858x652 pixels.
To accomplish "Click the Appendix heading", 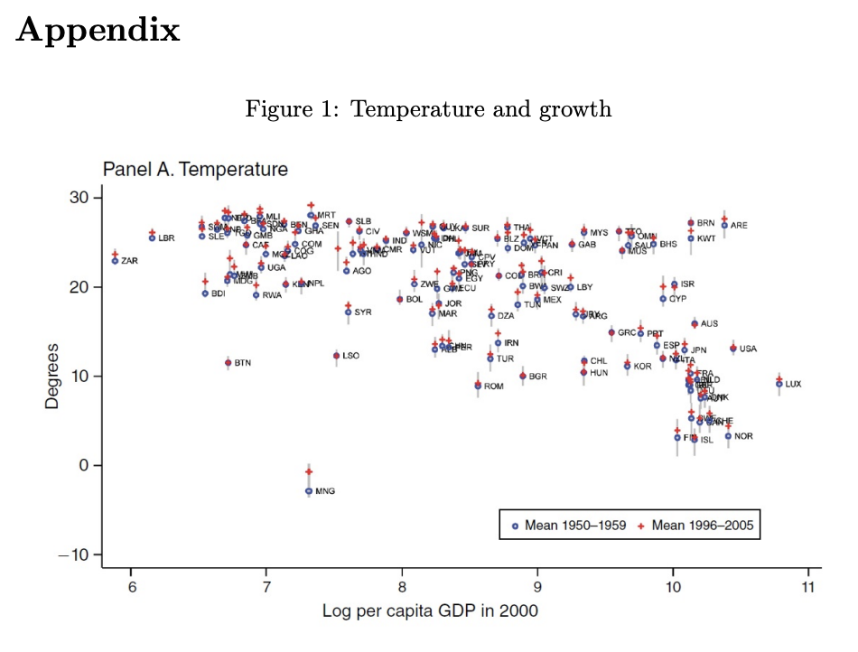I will point(98,32).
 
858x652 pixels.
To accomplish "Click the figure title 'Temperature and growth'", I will point(428,110).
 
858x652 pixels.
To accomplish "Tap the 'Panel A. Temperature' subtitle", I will point(195,170).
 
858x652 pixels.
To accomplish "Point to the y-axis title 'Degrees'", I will point(52,376).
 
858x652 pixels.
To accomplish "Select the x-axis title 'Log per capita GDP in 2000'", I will point(430,611).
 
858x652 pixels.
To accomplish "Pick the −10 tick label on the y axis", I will point(77,554).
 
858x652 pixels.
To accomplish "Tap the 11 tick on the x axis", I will point(808,587).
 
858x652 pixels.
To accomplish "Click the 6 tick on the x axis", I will point(132,587).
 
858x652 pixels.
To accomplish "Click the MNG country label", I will point(325,491).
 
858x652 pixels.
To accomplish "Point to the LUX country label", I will point(793,385).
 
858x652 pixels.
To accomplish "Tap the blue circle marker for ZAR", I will point(115,260).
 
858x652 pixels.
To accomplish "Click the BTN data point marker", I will point(228,363).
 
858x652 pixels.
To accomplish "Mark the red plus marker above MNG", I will point(309,471).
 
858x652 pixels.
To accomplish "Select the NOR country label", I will point(743,437).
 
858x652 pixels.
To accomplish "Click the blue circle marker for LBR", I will point(153,238).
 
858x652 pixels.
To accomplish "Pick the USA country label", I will point(748,349).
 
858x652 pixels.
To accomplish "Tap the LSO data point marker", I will point(336,356).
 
